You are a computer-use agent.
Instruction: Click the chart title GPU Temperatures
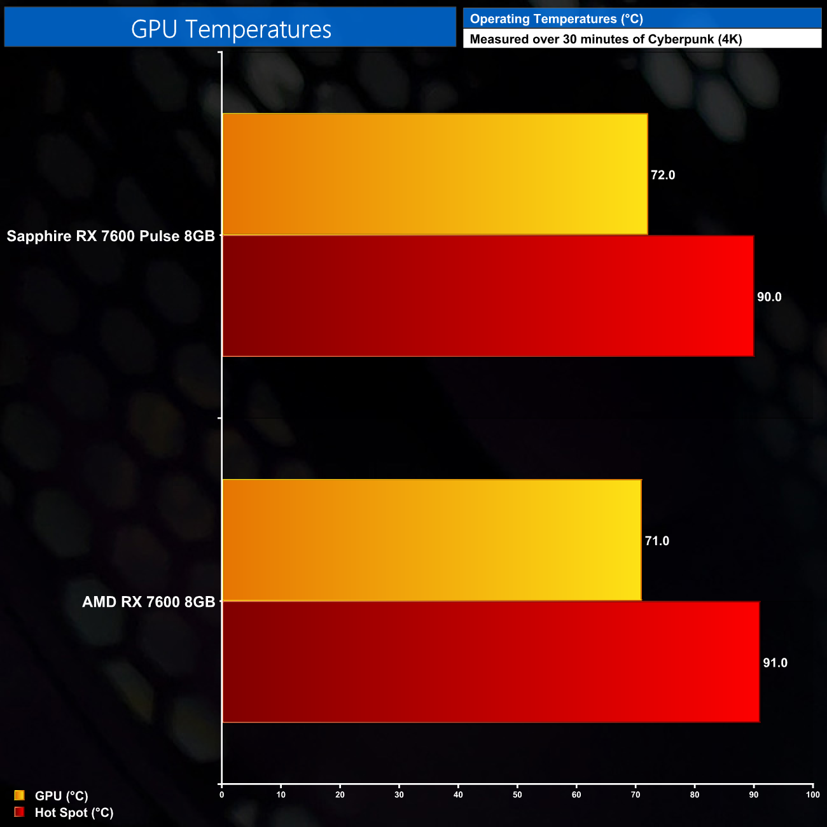tap(231, 29)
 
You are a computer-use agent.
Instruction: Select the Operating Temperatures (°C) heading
tap(557, 19)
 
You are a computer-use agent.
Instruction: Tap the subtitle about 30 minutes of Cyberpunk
tap(606, 39)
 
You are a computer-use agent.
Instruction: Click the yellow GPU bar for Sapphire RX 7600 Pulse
tap(434, 174)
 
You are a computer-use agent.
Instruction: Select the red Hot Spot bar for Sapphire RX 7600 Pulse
tap(488, 296)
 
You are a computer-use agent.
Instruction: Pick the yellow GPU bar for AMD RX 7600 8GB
tap(431, 540)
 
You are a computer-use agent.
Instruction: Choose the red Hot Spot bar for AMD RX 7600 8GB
tap(490, 662)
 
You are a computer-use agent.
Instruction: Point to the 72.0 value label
tap(663, 175)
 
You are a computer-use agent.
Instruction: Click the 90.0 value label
tap(769, 297)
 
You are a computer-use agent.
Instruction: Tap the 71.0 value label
tap(657, 541)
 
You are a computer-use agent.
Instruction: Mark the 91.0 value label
tap(775, 663)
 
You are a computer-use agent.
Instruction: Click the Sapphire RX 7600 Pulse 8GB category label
tap(111, 236)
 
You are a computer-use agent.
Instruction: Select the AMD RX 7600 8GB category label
tap(149, 602)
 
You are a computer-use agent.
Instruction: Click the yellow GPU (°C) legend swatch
tap(19, 795)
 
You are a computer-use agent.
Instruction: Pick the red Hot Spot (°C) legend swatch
tap(19, 812)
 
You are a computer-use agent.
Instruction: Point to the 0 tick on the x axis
tap(221, 795)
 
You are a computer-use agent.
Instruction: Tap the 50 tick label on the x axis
tap(517, 795)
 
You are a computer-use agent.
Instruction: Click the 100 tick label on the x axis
tap(812, 795)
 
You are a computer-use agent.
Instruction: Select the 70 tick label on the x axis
tap(636, 795)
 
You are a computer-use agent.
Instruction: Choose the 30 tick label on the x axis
tap(399, 795)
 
